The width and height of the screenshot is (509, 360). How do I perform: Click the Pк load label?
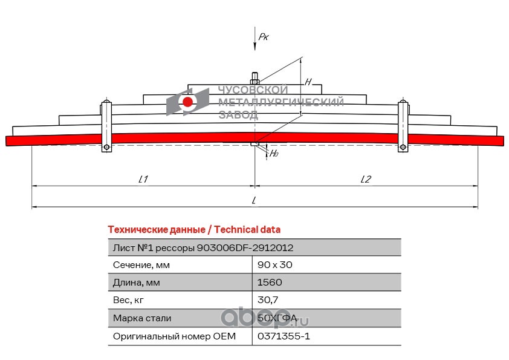[x=263, y=38]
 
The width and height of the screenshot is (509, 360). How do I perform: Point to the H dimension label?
[x=308, y=82]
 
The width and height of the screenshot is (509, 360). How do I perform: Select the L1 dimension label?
[x=143, y=179]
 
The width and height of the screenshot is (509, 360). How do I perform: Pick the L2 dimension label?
[x=365, y=179]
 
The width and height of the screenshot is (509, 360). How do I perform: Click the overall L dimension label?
[x=254, y=200]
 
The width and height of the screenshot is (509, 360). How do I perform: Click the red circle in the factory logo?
[x=188, y=102]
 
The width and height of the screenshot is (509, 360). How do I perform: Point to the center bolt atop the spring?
[x=254, y=79]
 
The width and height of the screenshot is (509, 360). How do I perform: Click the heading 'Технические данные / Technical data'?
[x=193, y=230]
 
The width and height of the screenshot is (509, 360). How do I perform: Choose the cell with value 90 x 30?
[x=275, y=265]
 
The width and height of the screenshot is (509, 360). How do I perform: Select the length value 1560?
[x=270, y=283]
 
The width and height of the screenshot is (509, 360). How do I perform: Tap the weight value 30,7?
[x=267, y=300]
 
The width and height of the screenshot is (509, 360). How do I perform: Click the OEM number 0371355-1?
[x=284, y=336]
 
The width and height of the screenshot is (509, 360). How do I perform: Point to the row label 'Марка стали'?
[x=142, y=318]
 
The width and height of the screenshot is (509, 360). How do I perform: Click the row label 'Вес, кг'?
[x=129, y=300]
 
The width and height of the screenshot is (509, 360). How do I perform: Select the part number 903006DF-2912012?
[x=245, y=247]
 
